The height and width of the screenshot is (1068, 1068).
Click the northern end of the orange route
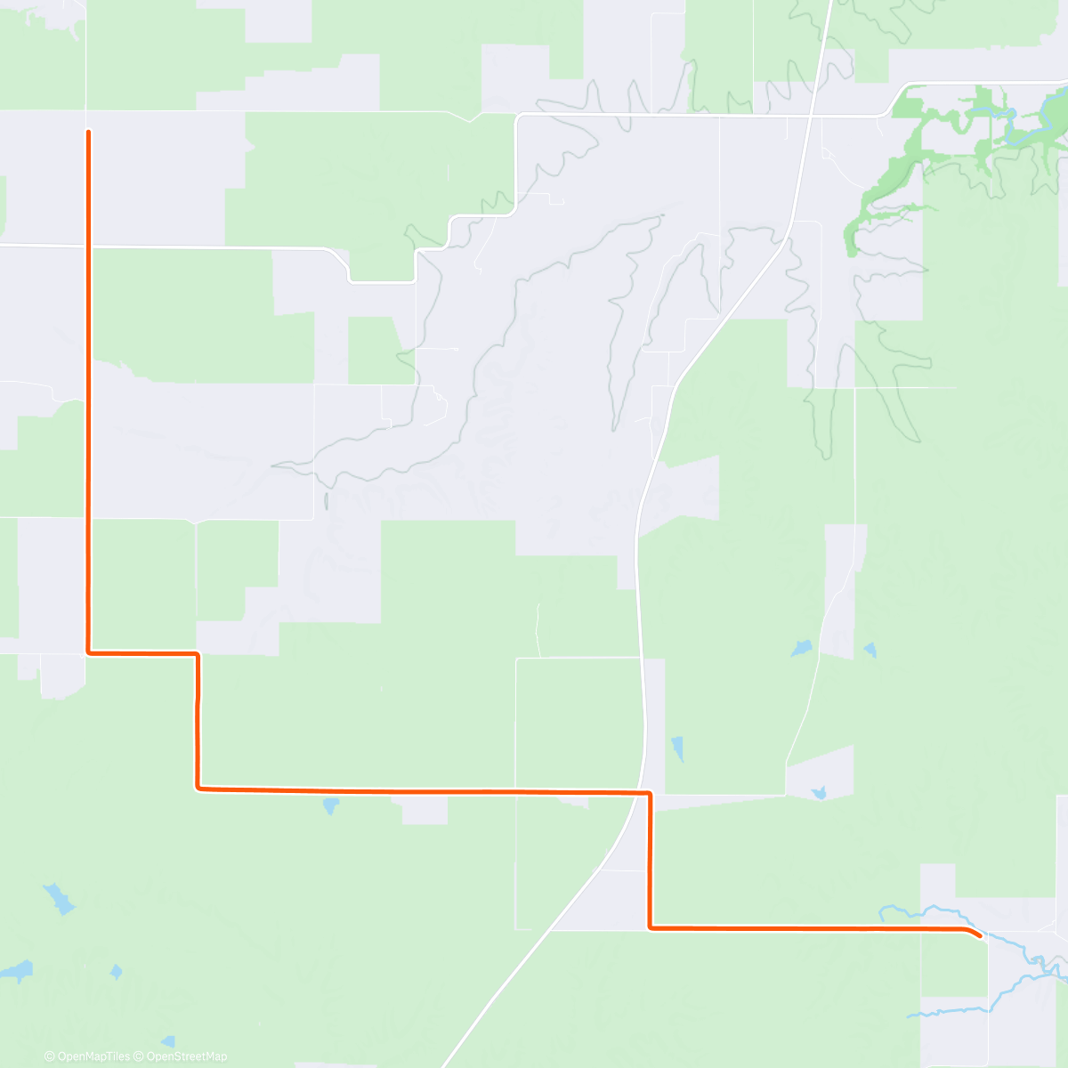click(88, 132)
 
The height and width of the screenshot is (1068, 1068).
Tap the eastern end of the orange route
click(980, 935)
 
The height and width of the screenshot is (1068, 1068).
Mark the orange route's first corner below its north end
click(88, 652)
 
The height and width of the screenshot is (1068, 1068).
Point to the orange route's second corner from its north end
click(198, 654)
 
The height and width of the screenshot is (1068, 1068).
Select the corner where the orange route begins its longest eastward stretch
click(198, 788)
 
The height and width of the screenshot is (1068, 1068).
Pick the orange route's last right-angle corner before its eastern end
click(651, 928)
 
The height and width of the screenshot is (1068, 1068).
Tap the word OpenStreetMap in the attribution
click(187, 1056)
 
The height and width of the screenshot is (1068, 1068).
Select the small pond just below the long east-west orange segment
click(330, 806)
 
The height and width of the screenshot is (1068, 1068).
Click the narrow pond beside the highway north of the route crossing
click(677, 748)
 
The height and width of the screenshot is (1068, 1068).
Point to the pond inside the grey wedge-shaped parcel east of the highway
click(819, 791)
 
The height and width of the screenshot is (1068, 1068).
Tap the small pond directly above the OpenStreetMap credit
click(168, 1040)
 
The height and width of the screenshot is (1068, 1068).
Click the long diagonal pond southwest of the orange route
click(58, 899)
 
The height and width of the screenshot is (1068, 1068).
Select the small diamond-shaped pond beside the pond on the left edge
click(116, 971)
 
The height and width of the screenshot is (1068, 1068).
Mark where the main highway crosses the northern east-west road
click(811, 116)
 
